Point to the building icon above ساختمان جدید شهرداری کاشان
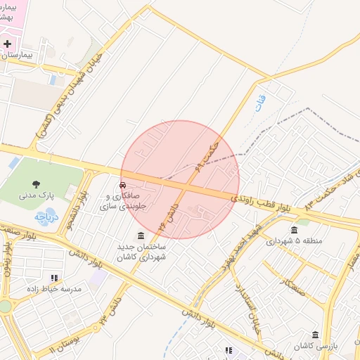pyautogui.click(x=141, y=235)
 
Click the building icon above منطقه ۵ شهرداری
pyautogui.click(x=294, y=229)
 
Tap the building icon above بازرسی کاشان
pyautogui.click(x=315, y=335)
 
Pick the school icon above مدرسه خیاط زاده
pyautogui.click(x=55, y=278)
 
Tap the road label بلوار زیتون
pyautogui.click(x=8, y=260)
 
